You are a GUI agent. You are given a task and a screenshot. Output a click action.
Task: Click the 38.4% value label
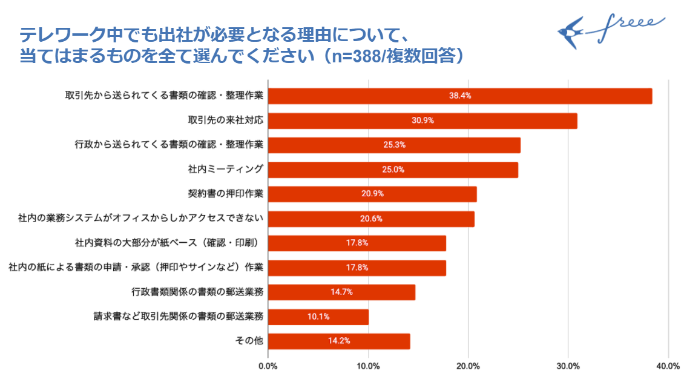(460, 96)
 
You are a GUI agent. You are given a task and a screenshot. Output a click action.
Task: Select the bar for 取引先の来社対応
(422, 120)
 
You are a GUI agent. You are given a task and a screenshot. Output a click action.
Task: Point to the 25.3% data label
(394, 145)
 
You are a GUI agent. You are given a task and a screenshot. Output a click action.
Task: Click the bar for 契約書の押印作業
(372, 194)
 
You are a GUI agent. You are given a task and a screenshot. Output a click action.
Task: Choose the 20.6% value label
(371, 219)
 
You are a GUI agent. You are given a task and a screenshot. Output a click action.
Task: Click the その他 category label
(249, 341)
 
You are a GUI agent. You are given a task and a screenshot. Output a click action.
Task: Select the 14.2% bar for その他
(338, 341)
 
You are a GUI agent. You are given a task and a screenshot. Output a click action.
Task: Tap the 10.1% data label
(318, 317)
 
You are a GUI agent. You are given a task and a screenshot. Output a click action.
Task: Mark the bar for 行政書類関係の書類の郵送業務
(341, 292)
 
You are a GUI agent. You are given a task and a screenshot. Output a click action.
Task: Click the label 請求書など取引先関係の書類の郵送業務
(179, 316)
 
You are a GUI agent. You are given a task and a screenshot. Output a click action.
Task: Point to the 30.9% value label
(423, 120)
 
